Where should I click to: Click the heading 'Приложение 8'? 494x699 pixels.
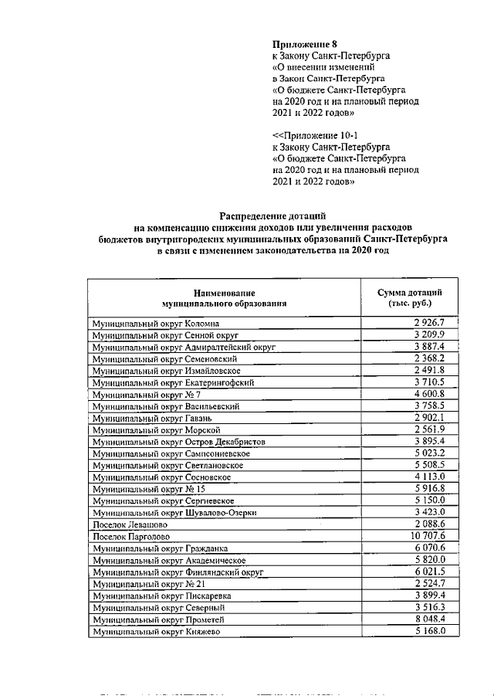(305, 45)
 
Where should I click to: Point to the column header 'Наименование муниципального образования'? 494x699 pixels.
(224, 298)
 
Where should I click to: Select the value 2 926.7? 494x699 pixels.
(435, 323)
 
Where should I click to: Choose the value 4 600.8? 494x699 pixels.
(435, 394)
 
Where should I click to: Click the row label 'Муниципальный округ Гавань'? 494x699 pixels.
(152, 418)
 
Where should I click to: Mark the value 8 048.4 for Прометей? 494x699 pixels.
(435, 619)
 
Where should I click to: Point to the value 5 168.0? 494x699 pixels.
(435, 631)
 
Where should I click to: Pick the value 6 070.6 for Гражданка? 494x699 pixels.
(435, 548)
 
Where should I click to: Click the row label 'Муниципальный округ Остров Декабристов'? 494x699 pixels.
(179, 442)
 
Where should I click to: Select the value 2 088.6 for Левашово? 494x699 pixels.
(435, 524)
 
